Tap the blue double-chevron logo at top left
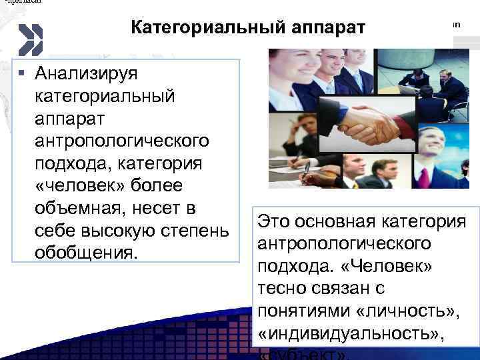click(x=30, y=39)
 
